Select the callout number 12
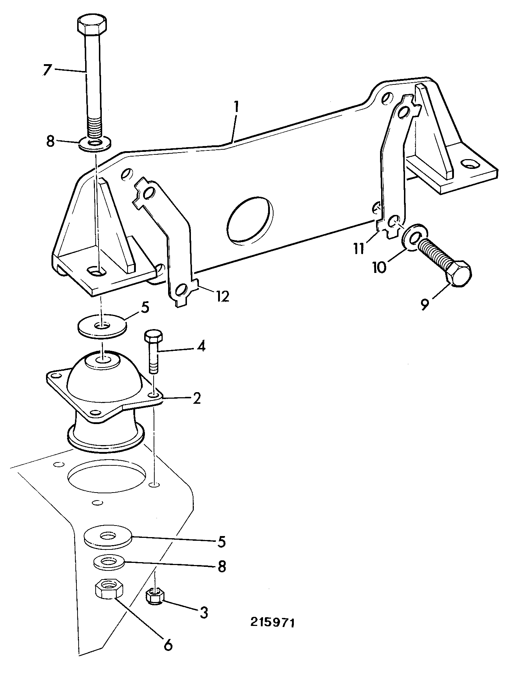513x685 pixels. [222, 297]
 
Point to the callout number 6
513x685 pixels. [168, 645]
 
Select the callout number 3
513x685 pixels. [204, 613]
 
